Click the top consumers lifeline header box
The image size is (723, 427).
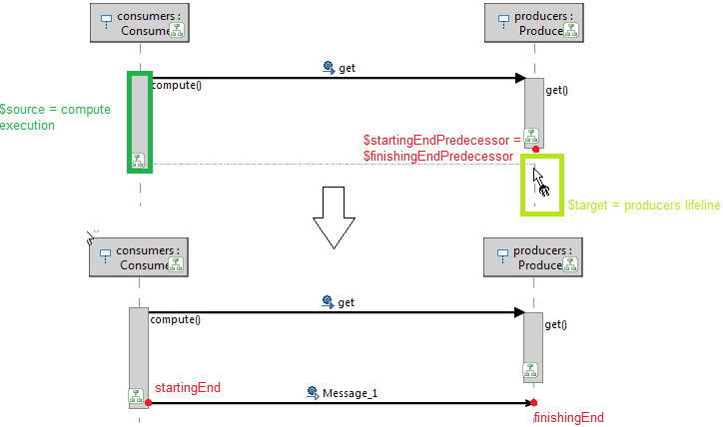pyautogui.click(x=140, y=23)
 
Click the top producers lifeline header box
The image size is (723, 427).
pyautogui.click(x=533, y=23)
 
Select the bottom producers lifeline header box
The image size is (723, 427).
pyautogui.click(x=531, y=257)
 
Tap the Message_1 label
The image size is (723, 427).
pyautogui.click(x=350, y=393)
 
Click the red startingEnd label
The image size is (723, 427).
pyautogui.click(x=187, y=387)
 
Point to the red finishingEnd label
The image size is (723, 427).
pyautogui.click(x=569, y=417)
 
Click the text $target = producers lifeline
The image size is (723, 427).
pyautogui.click(x=643, y=206)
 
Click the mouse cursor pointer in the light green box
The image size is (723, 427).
pyautogui.click(x=539, y=180)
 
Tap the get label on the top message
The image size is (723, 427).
pyautogui.click(x=347, y=68)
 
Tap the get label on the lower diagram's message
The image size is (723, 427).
pyautogui.click(x=347, y=302)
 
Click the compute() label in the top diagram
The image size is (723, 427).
pyautogui.click(x=177, y=85)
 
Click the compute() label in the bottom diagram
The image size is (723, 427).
pyautogui.click(x=175, y=319)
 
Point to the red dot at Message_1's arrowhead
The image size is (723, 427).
pyautogui.click(x=534, y=403)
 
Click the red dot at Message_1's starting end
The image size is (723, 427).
pyautogui.click(x=148, y=403)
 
